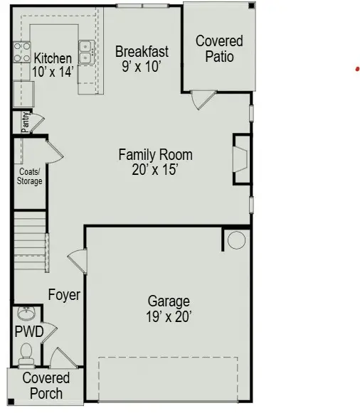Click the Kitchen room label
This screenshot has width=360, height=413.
53,58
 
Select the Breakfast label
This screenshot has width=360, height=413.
142,51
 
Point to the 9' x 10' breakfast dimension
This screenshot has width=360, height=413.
142,66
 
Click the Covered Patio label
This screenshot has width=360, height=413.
219,49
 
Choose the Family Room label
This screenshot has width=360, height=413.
155,154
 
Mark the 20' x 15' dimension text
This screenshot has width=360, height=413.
155,169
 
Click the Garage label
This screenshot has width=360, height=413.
169,300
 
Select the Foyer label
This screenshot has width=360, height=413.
64,294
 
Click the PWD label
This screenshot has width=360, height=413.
29,332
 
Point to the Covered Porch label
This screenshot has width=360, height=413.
46,385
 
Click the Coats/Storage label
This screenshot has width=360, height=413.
29,176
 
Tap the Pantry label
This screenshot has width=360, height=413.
26,122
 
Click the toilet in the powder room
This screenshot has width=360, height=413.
27,351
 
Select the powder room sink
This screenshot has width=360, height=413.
26,313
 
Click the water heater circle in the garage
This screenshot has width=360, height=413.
236,240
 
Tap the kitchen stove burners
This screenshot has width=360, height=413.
20,53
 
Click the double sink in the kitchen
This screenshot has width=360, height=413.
86,52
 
